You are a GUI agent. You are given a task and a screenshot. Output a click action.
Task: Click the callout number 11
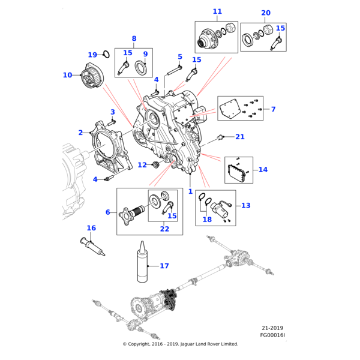[x=217, y=11]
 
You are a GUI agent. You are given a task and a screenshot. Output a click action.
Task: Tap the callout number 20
[x=266, y=13]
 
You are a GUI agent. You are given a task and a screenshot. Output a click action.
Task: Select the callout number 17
[x=164, y=265]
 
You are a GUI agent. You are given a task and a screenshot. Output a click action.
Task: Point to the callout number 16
[x=91, y=228]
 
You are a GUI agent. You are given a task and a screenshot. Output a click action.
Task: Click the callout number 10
[x=67, y=75]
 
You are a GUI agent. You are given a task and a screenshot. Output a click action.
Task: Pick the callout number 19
[x=92, y=54]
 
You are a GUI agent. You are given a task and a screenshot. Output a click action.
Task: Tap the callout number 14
[x=263, y=170]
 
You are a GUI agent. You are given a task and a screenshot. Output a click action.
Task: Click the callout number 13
[x=246, y=205]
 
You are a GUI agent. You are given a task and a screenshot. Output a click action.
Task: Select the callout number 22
[x=165, y=228]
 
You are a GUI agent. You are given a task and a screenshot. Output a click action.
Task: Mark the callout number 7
[x=273, y=109]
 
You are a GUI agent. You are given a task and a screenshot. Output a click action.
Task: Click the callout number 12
[x=142, y=164]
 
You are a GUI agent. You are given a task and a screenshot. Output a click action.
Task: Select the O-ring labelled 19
[x=105, y=55]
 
